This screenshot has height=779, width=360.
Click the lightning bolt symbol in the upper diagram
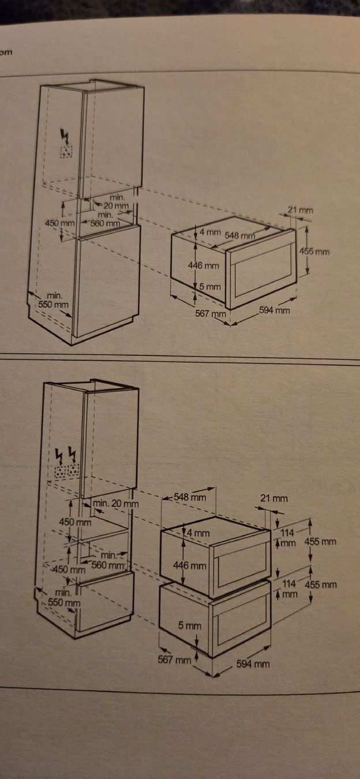click(65, 137)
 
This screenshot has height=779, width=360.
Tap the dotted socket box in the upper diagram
click(66, 151)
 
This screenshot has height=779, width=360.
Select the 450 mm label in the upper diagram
click(60, 223)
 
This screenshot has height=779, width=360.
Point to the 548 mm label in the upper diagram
click(240, 235)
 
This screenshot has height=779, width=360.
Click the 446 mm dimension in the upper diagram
click(204, 265)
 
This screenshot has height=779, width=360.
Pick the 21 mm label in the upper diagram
click(300, 210)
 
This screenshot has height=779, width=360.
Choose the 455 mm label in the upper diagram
click(314, 251)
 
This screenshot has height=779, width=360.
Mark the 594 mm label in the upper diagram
click(274, 310)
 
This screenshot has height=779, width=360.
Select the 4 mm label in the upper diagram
click(210, 231)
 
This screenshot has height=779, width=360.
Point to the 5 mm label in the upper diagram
click(210, 287)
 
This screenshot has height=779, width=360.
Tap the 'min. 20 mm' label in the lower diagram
click(115, 503)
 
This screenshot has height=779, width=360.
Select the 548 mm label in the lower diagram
click(190, 497)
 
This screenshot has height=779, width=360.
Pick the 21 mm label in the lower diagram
click(274, 499)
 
